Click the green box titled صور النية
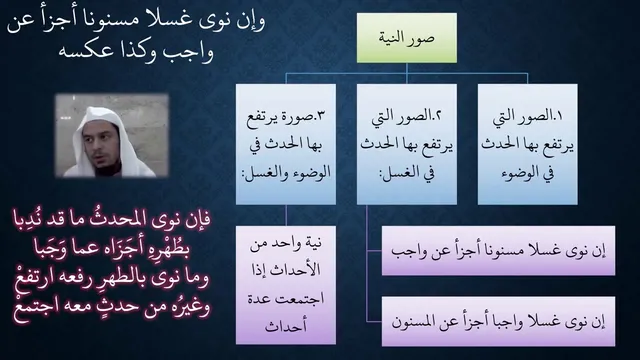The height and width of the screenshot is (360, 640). [407, 38]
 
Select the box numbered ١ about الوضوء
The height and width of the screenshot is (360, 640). [527, 144]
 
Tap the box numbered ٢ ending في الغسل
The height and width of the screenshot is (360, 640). [407, 144]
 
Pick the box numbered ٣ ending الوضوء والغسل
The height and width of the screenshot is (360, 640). [286, 144]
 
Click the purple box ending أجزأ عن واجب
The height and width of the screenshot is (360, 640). [498, 251]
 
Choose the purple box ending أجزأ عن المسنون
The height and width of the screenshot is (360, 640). [498, 322]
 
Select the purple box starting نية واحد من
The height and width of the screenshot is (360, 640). [286, 285]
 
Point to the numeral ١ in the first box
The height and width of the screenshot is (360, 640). [559, 116]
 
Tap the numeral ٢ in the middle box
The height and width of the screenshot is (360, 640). [438, 116]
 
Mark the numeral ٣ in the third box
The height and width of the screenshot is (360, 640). [320, 116]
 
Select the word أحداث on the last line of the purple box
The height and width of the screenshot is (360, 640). [286, 326]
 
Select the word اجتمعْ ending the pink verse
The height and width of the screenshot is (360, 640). [36, 307]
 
